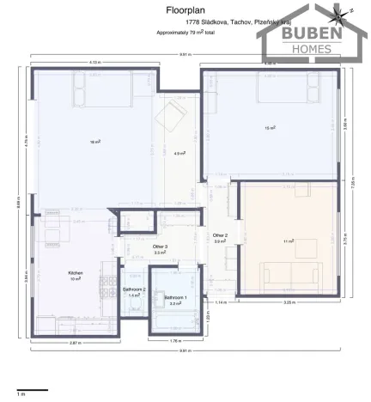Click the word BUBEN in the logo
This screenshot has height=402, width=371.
point(307,35)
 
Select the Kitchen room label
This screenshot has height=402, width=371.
point(76,273)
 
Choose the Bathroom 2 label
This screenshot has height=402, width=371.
point(133,289)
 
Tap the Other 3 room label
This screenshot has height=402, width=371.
point(160,247)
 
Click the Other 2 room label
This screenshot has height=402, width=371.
point(220,235)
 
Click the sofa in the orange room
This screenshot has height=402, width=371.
point(289,277)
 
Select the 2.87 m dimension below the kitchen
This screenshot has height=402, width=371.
point(76,343)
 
